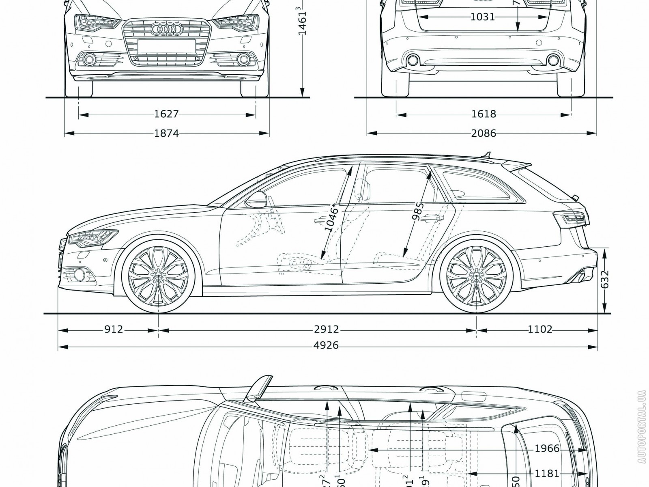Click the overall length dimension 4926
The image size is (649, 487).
(x=326, y=346)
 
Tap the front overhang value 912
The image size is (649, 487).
(x=114, y=329)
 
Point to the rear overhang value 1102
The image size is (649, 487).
(x=540, y=329)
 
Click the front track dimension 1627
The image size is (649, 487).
(x=166, y=114)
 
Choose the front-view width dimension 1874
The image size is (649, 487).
(x=166, y=133)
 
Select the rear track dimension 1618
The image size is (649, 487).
(x=484, y=114)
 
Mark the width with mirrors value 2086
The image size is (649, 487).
(x=484, y=133)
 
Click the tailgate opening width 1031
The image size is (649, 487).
(x=483, y=17)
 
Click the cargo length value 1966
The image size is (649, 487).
(x=547, y=449)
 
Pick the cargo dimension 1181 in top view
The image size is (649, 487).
(x=547, y=473)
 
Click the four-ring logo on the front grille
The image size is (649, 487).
(x=165, y=29)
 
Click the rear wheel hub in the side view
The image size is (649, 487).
(x=477, y=276)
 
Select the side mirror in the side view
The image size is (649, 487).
(x=256, y=199)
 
